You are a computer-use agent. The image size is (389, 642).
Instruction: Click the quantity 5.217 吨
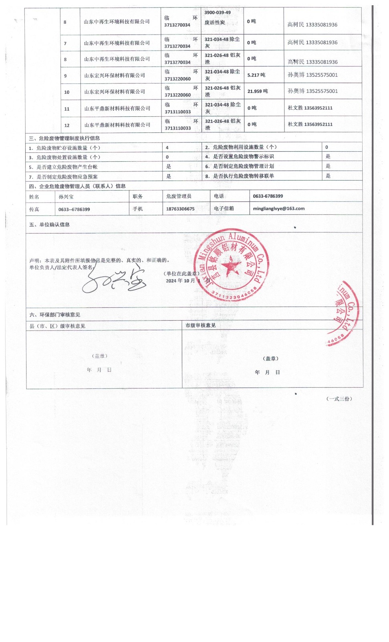256,75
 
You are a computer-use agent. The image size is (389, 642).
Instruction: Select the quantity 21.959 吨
257,91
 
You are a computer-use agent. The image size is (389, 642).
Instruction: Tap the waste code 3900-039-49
218,13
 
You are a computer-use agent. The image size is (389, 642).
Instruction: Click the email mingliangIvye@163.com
278,209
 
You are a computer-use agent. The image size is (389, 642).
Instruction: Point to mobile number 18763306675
180,209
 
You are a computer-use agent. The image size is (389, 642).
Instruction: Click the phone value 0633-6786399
268,196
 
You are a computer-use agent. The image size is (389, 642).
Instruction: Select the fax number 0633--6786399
74,209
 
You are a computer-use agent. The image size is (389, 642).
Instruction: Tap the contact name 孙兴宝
66,197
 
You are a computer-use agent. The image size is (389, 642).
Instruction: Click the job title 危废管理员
179,196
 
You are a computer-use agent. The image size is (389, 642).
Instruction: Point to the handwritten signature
114,280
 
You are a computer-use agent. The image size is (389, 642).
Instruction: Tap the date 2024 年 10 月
180,281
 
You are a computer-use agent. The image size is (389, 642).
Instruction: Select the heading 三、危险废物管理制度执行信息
64,138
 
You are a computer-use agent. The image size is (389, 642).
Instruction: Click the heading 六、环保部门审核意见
55,315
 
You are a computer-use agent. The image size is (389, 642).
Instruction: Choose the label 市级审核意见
200,325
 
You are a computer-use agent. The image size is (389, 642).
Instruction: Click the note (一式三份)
339,399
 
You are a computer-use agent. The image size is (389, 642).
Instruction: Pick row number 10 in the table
67,92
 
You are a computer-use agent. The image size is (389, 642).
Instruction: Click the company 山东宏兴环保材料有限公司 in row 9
115,75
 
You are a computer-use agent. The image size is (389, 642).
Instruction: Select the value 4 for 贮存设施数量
167,148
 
